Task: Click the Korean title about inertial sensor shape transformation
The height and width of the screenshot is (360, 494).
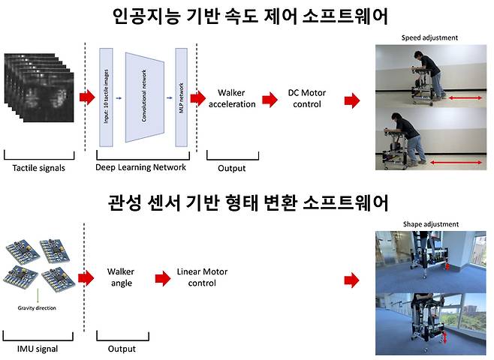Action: click(247, 202)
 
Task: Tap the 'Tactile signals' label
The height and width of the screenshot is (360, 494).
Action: click(39, 168)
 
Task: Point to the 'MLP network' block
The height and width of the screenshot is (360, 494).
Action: click(180, 97)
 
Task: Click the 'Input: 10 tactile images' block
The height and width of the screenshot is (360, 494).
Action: click(105, 97)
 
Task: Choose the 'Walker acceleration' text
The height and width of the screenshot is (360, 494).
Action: click(234, 98)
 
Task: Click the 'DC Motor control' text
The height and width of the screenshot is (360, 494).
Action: click(305, 98)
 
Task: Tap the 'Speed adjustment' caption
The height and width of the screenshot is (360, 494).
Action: click(429, 37)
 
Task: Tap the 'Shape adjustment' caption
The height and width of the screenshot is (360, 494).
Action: click(430, 224)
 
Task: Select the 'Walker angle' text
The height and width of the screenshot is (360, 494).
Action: click(120, 277)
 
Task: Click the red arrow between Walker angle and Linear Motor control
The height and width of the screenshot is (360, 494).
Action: click(161, 278)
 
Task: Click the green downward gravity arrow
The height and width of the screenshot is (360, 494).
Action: click(38, 295)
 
